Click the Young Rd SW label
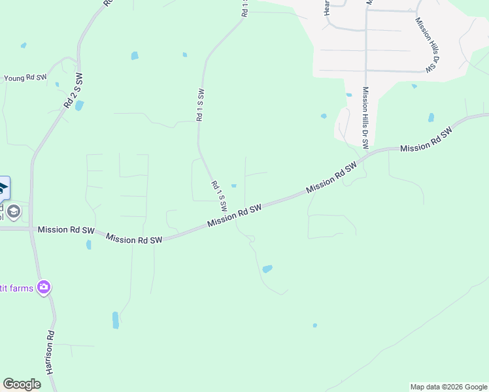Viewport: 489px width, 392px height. coord(25,78)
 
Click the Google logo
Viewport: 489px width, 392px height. coord(22,384)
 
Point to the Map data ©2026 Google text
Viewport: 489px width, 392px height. coord(448,387)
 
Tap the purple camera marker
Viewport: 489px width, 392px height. coord(44,287)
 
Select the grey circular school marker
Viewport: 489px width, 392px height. coord(14,211)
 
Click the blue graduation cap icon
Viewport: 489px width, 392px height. coord(3,189)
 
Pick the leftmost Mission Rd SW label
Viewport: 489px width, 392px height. coord(66,230)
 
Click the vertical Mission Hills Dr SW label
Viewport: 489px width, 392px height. coord(365,117)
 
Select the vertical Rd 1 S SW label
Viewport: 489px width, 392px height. coord(200,105)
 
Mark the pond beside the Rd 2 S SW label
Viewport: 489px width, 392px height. coord(79,105)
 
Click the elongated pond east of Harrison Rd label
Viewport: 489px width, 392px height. coord(116,319)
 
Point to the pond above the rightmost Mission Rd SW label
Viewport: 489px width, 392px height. coord(431,118)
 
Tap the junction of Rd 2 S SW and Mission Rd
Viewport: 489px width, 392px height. coord(31,229)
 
